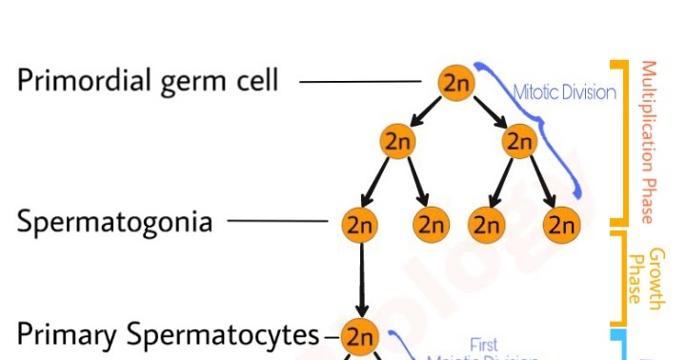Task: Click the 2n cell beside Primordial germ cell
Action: coord(456,84)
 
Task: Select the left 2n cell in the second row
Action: coord(396,142)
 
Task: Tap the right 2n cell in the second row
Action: coord(520,142)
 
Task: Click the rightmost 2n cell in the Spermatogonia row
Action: coord(561,225)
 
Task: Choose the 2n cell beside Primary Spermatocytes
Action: coord(360,336)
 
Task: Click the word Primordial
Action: coord(85,81)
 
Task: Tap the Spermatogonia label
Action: coord(114,224)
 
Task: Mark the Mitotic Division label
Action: coord(564,93)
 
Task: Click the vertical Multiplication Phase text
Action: coord(649,143)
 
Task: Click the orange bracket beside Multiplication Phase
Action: coord(624,143)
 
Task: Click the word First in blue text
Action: coord(484,344)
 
